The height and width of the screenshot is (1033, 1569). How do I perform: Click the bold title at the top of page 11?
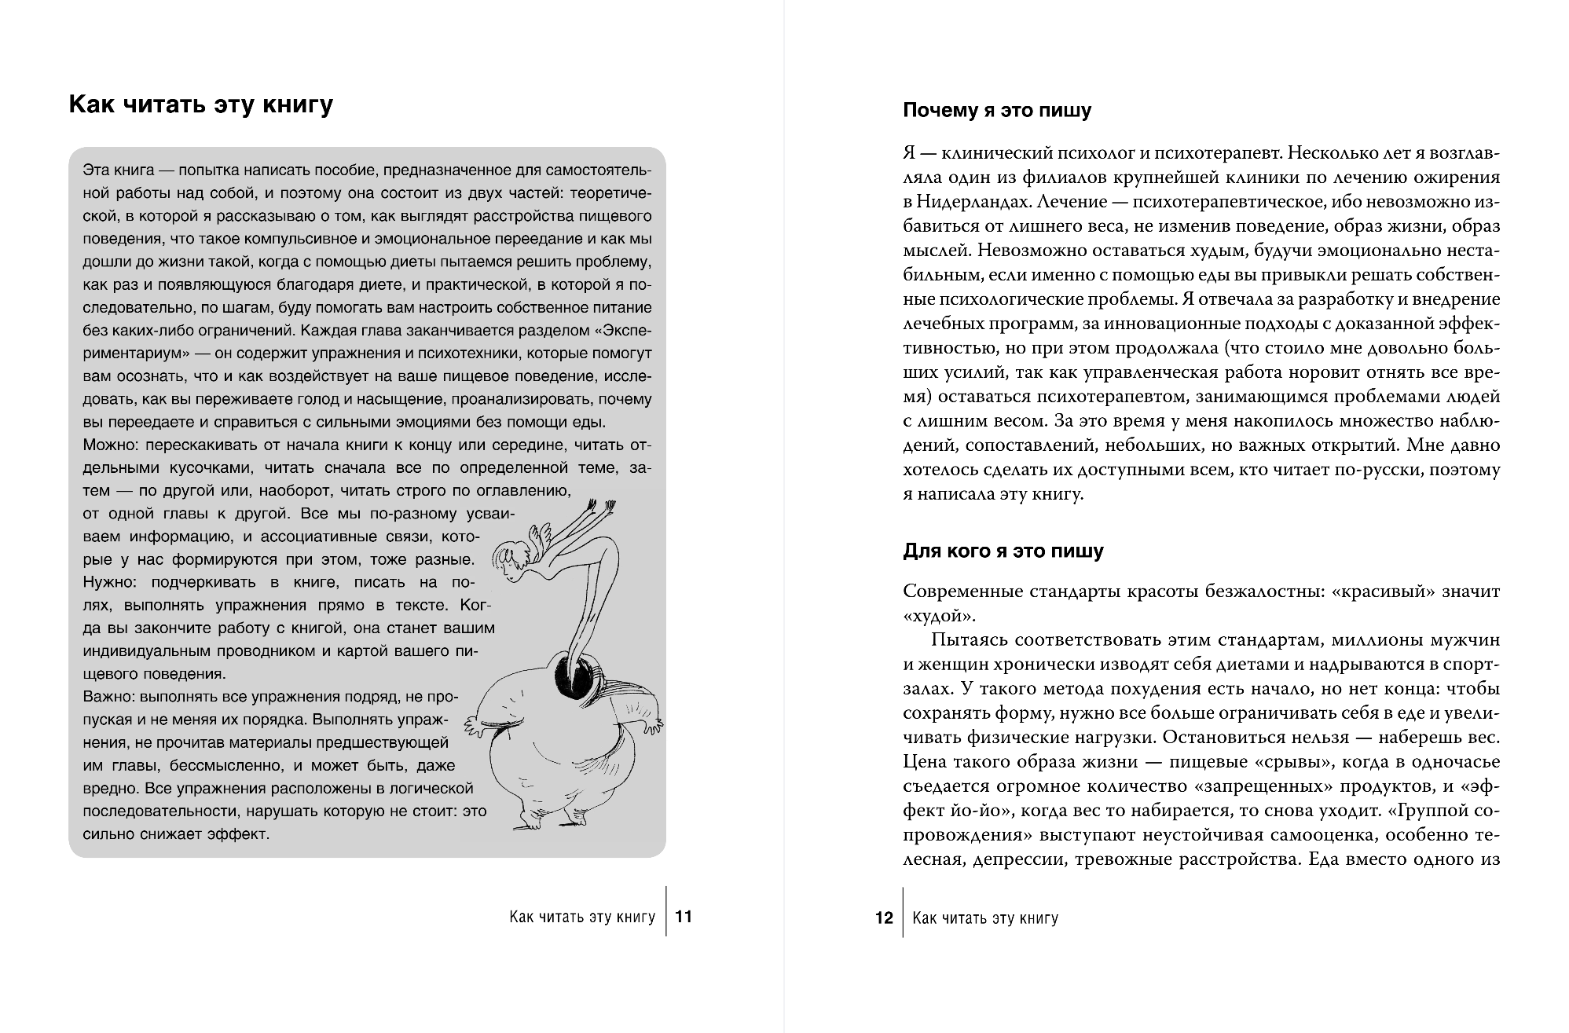click(201, 104)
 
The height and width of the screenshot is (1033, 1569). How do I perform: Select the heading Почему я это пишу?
click(997, 111)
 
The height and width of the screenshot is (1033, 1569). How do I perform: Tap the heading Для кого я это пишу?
click(1003, 551)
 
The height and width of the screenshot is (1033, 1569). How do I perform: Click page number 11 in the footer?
click(684, 917)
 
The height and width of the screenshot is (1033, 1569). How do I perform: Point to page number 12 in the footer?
click(884, 918)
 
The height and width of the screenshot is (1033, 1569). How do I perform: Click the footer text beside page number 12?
click(986, 918)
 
